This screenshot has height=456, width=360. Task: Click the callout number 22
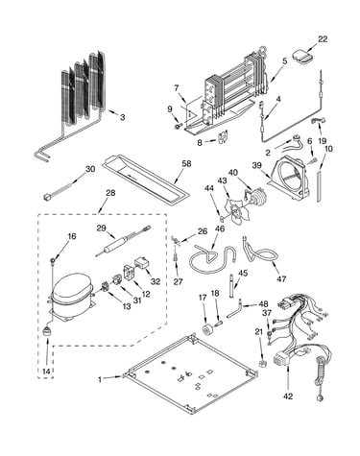pos(323,39)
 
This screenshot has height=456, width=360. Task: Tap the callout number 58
pos(186,164)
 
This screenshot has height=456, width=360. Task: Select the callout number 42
pos(288,396)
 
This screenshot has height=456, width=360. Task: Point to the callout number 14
pos(46,372)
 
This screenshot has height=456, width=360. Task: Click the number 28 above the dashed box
pos(110,193)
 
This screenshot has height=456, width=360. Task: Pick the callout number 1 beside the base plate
pos(100,379)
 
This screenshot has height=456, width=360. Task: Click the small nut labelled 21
pos(262,364)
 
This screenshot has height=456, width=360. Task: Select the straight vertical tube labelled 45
pos(231,285)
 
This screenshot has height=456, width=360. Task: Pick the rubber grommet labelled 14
pos(47,331)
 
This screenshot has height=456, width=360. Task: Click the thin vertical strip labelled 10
pos(319,186)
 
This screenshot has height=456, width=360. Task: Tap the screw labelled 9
pos(178,127)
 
